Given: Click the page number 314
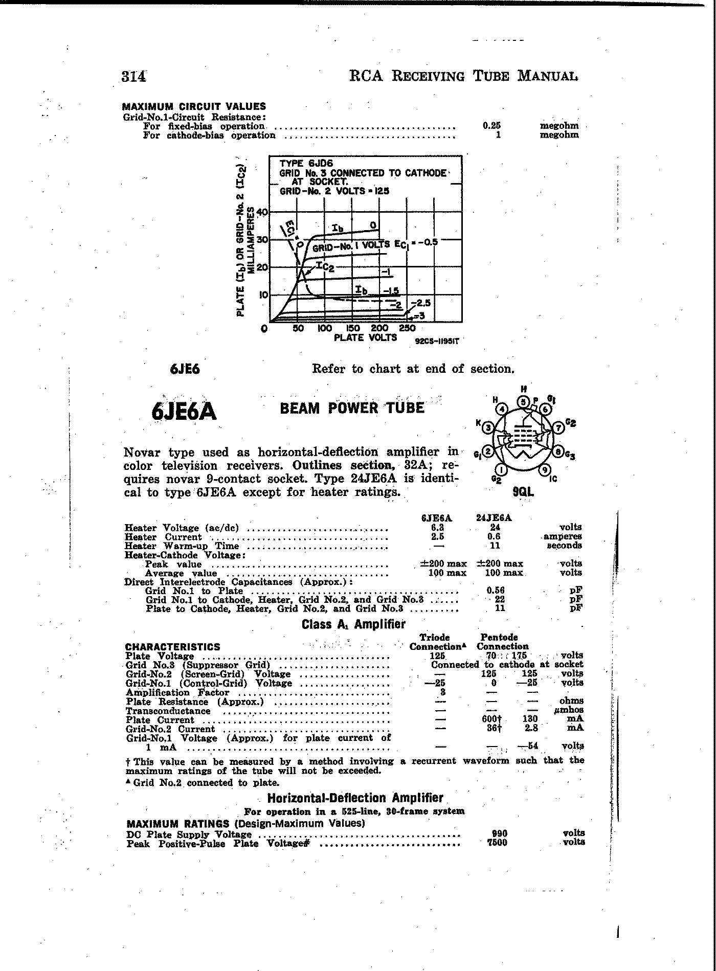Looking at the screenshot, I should pos(134,76).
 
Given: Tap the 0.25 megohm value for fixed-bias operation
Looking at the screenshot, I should pos(491,126).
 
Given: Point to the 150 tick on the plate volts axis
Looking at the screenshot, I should pos(353,328).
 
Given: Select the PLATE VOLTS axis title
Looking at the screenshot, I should pos(365,337).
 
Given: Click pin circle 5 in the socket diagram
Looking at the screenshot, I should pos(523,401).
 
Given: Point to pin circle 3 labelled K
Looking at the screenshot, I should pos(489,427).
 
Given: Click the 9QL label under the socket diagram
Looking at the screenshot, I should pos(524,492).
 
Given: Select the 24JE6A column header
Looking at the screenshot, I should pos(494,517).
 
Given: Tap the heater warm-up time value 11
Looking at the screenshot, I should pos(495,546).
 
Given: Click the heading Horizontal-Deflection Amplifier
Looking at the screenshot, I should pos(355,798).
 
